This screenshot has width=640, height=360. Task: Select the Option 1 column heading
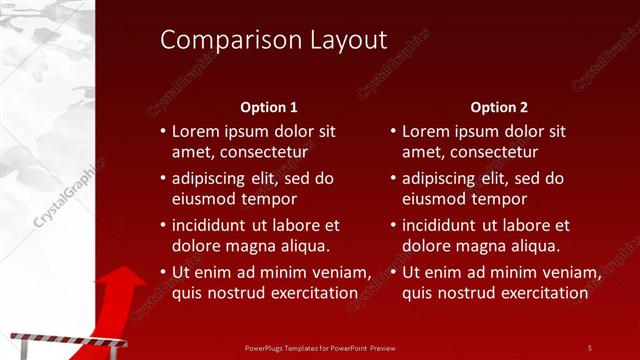[x=269, y=107]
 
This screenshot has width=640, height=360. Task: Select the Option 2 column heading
[x=499, y=107]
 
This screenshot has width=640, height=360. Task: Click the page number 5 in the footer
[x=590, y=348]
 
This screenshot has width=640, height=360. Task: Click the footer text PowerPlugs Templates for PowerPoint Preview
[x=319, y=348]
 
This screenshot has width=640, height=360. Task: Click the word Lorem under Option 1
[x=196, y=131]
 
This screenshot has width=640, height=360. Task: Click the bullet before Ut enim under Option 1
[x=163, y=272]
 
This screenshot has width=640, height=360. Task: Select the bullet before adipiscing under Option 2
[x=393, y=178]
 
